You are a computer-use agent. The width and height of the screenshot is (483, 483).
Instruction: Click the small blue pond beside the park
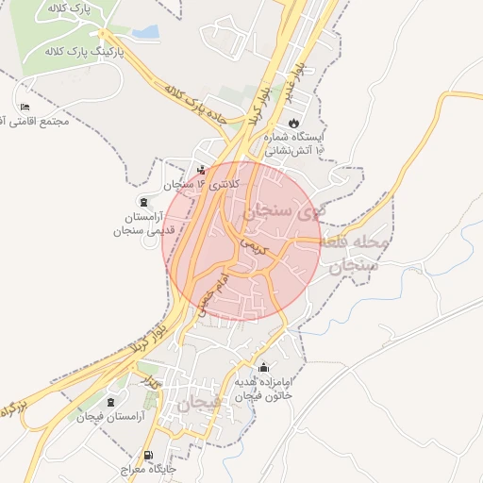144,33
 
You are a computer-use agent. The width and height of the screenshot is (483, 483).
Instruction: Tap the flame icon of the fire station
293,123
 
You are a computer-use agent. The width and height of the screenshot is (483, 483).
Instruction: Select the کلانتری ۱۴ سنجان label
202,185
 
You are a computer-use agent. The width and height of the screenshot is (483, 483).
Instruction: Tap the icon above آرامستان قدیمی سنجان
143,202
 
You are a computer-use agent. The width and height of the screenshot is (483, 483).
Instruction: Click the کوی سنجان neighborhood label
283,213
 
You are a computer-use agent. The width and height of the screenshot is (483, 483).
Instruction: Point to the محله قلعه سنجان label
354,253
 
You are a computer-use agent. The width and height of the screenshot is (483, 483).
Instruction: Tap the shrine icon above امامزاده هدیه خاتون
262,368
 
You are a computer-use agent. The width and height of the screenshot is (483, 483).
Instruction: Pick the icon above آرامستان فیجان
111,402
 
